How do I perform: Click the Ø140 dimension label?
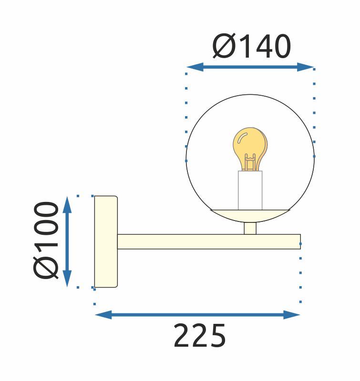pos(251,47)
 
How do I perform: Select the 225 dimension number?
pos(199,336)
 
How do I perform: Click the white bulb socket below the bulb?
pos(250,190)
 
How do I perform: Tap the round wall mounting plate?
pos(105,241)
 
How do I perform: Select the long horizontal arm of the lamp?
pos(208,241)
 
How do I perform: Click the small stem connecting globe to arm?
pos(250,228)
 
